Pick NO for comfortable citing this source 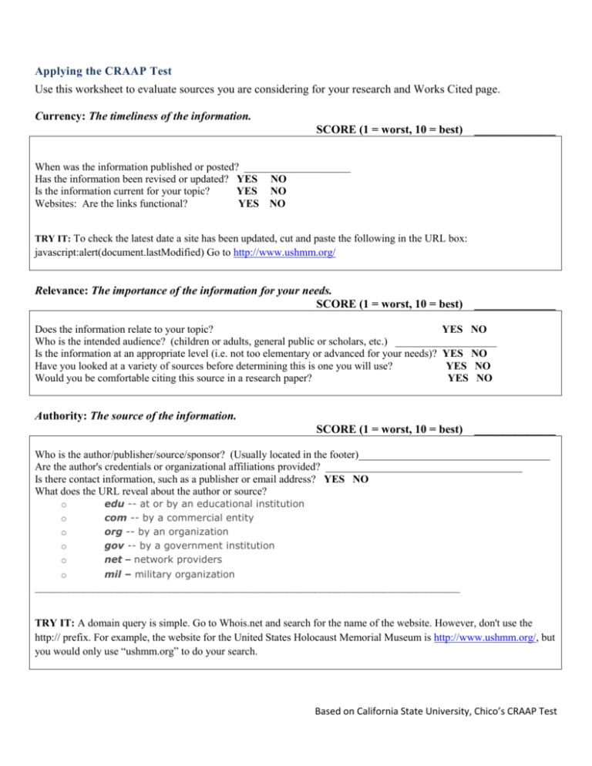click(484, 378)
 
